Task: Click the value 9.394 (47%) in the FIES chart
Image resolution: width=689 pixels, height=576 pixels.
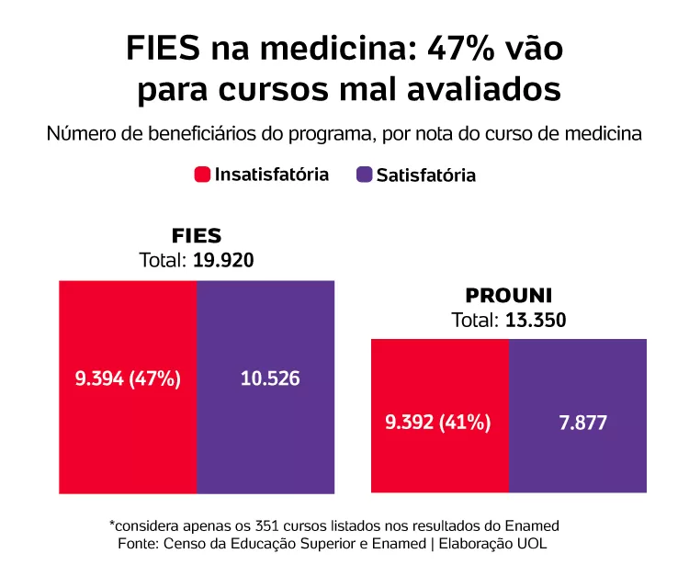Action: pos(128,378)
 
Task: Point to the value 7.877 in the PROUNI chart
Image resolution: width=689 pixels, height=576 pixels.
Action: pos(578,424)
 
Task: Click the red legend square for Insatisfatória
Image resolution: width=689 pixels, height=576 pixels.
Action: pos(202,175)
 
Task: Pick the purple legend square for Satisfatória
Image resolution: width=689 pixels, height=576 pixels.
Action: pos(363,175)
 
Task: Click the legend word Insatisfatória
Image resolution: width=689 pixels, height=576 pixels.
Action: pos(271,175)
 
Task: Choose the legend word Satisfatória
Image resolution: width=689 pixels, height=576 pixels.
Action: pos(426,175)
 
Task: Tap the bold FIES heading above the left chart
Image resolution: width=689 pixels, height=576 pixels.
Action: pos(197,236)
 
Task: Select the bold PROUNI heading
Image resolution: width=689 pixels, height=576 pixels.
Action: pos(508,296)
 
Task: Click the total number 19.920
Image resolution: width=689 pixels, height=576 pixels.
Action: pos(223,260)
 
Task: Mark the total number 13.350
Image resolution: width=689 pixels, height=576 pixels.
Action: pos(535,321)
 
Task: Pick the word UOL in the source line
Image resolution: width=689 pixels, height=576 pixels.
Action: pos(532,544)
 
